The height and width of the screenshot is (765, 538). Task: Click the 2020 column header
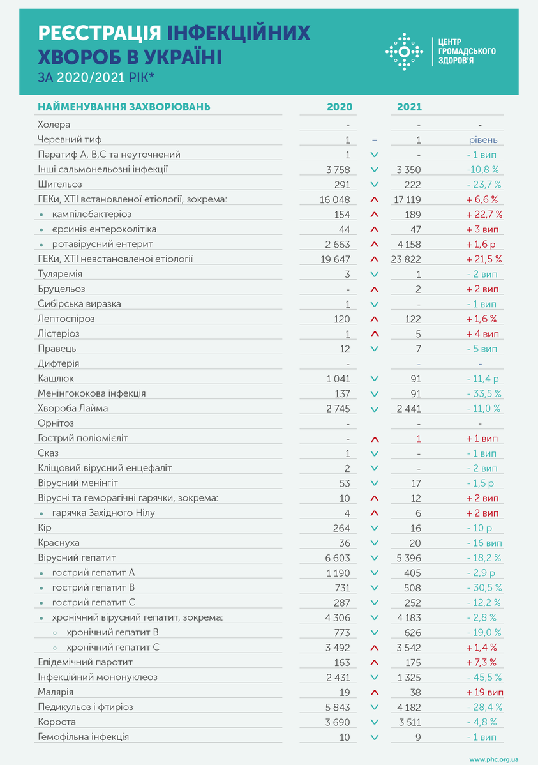339,107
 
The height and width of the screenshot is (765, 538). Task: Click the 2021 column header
409,107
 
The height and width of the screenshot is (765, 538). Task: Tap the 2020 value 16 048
334,199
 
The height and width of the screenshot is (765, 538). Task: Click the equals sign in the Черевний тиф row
375,139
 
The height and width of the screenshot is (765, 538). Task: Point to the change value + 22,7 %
484,214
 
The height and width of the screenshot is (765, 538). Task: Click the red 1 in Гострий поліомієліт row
419,438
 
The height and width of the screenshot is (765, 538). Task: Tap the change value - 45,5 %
483,677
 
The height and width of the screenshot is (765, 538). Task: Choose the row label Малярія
56,692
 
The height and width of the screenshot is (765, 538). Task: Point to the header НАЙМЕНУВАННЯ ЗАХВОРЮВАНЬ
124,107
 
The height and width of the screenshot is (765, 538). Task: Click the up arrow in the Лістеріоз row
375,333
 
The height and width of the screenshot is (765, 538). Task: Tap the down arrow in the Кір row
375,528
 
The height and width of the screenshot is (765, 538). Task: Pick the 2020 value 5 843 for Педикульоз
338,707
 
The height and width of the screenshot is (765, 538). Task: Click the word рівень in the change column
482,139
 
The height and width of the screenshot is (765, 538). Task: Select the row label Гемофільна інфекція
83,737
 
